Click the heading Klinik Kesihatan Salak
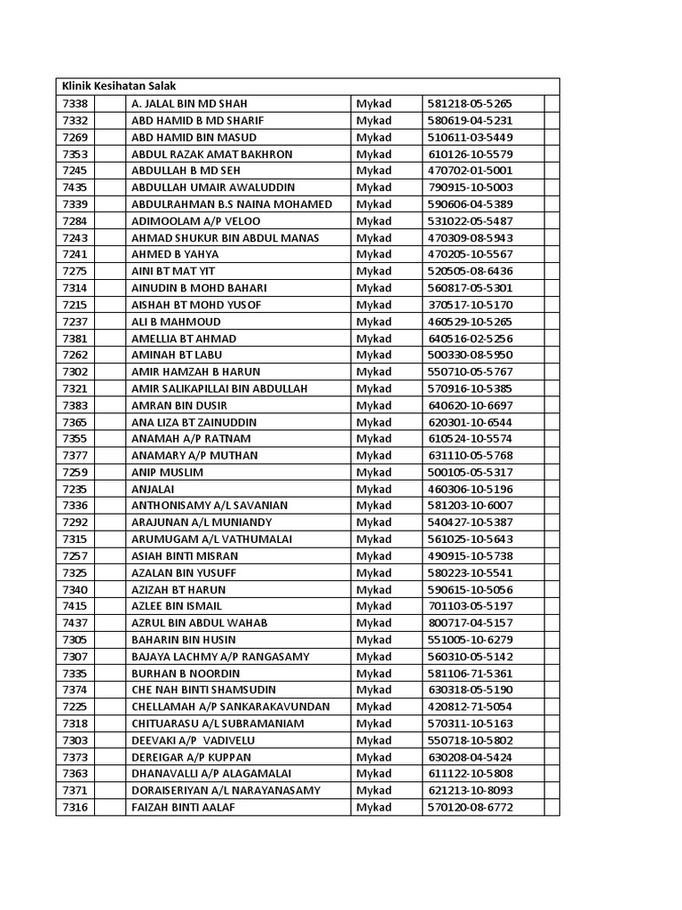tap(118, 86)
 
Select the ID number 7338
tap(75, 103)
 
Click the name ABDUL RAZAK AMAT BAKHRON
tap(211, 154)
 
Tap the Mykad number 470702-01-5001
tap(471, 171)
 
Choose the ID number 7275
tap(75, 271)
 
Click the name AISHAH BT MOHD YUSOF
tap(196, 305)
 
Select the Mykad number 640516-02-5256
tap(471, 339)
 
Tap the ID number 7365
tap(75, 422)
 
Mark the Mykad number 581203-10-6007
tap(471, 506)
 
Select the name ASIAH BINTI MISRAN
tap(185, 556)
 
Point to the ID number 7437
tap(75, 623)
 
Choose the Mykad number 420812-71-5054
tap(471, 706)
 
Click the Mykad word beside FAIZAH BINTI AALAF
tap(374, 807)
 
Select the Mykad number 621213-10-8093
tap(471, 790)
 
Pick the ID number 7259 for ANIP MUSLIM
tap(75, 472)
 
